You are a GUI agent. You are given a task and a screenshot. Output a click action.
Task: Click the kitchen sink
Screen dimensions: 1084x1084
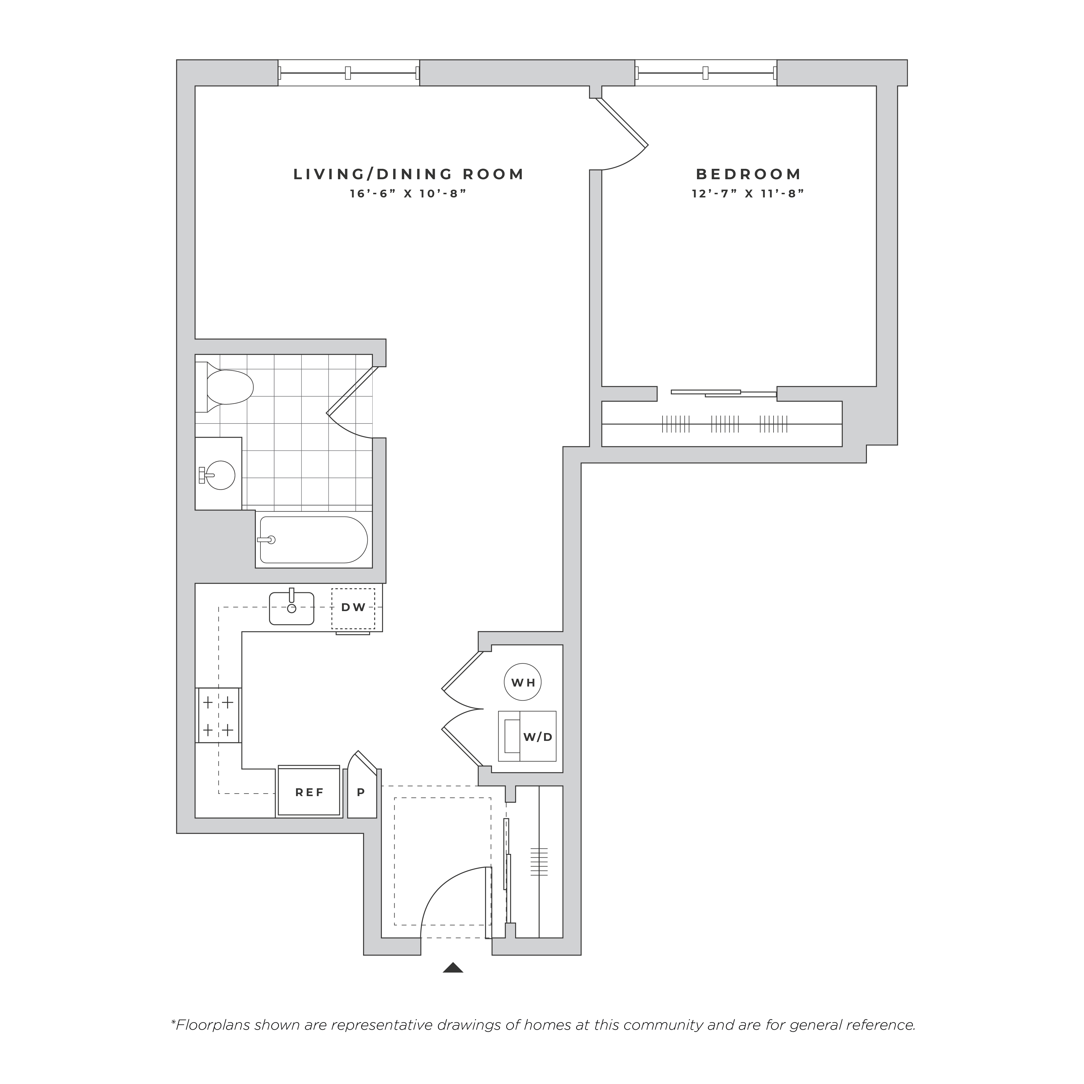(x=291, y=608)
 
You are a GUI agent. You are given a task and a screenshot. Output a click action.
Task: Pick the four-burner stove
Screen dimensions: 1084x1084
(x=218, y=715)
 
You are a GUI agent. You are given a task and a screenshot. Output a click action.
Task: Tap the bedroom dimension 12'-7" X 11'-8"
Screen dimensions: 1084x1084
(x=748, y=194)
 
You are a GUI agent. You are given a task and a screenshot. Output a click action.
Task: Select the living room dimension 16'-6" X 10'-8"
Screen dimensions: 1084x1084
(x=408, y=194)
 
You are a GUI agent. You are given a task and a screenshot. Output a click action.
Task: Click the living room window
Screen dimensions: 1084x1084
(x=348, y=73)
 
